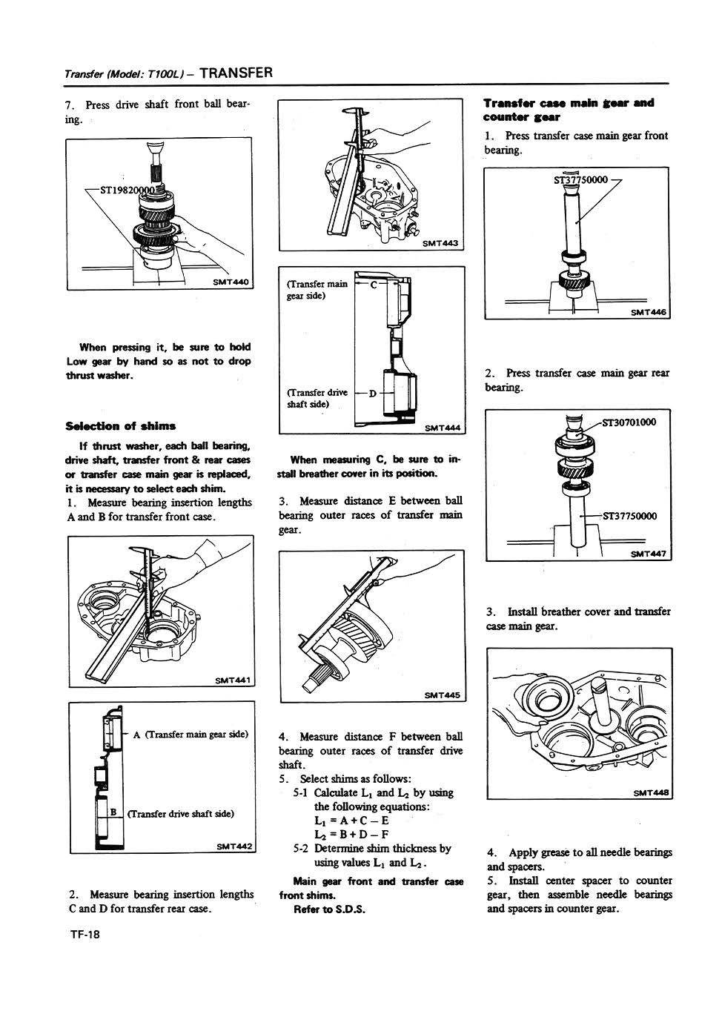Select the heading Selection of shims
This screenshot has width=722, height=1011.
(121, 425)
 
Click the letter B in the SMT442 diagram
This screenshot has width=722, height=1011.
(113, 812)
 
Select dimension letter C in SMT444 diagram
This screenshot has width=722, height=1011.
(374, 284)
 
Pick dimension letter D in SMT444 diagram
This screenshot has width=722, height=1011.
(372, 392)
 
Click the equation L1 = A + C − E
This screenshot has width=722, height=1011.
(351, 821)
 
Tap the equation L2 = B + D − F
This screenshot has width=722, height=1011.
(351, 835)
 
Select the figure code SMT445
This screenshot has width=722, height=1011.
(442, 695)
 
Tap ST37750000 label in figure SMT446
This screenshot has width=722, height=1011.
(581, 179)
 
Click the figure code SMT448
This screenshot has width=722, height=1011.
(651, 792)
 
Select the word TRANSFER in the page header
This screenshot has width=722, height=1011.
(236, 73)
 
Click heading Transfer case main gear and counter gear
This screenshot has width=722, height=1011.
(569, 110)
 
